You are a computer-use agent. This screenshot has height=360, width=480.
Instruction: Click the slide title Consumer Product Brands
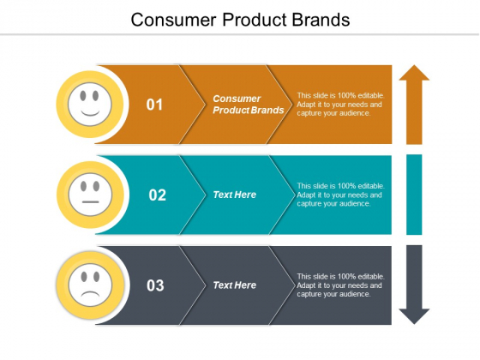pyautogui.click(x=240, y=19)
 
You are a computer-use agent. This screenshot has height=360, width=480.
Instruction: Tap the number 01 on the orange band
pyautogui.click(x=154, y=105)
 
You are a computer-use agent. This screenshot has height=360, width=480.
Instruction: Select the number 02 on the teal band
pyautogui.click(x=157, y=195)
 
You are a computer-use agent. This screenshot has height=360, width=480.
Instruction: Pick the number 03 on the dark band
pyautogui.click(x=155, y=285)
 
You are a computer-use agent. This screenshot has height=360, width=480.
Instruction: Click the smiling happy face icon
pyautogui.click(x=89, y=105)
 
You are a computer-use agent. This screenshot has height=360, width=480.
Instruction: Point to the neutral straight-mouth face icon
pyautogui.click(x=89, y=195)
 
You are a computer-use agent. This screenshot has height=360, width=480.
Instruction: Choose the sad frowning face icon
pyautogui.click(x=89, y=285)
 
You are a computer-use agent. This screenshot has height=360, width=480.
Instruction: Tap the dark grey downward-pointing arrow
pyautogui.click(x=414, y=285)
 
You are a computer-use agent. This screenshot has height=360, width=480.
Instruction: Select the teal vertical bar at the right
pyautogui.click(x=414, y=195)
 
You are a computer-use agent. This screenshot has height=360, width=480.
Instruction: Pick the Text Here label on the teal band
pyautogui.click(x=235, y=195)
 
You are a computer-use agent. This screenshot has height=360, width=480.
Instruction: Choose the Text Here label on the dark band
pyautogui.click(x=235, y=285)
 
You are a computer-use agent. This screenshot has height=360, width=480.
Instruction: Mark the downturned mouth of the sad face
pyautogui.click(x=89, y=293)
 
